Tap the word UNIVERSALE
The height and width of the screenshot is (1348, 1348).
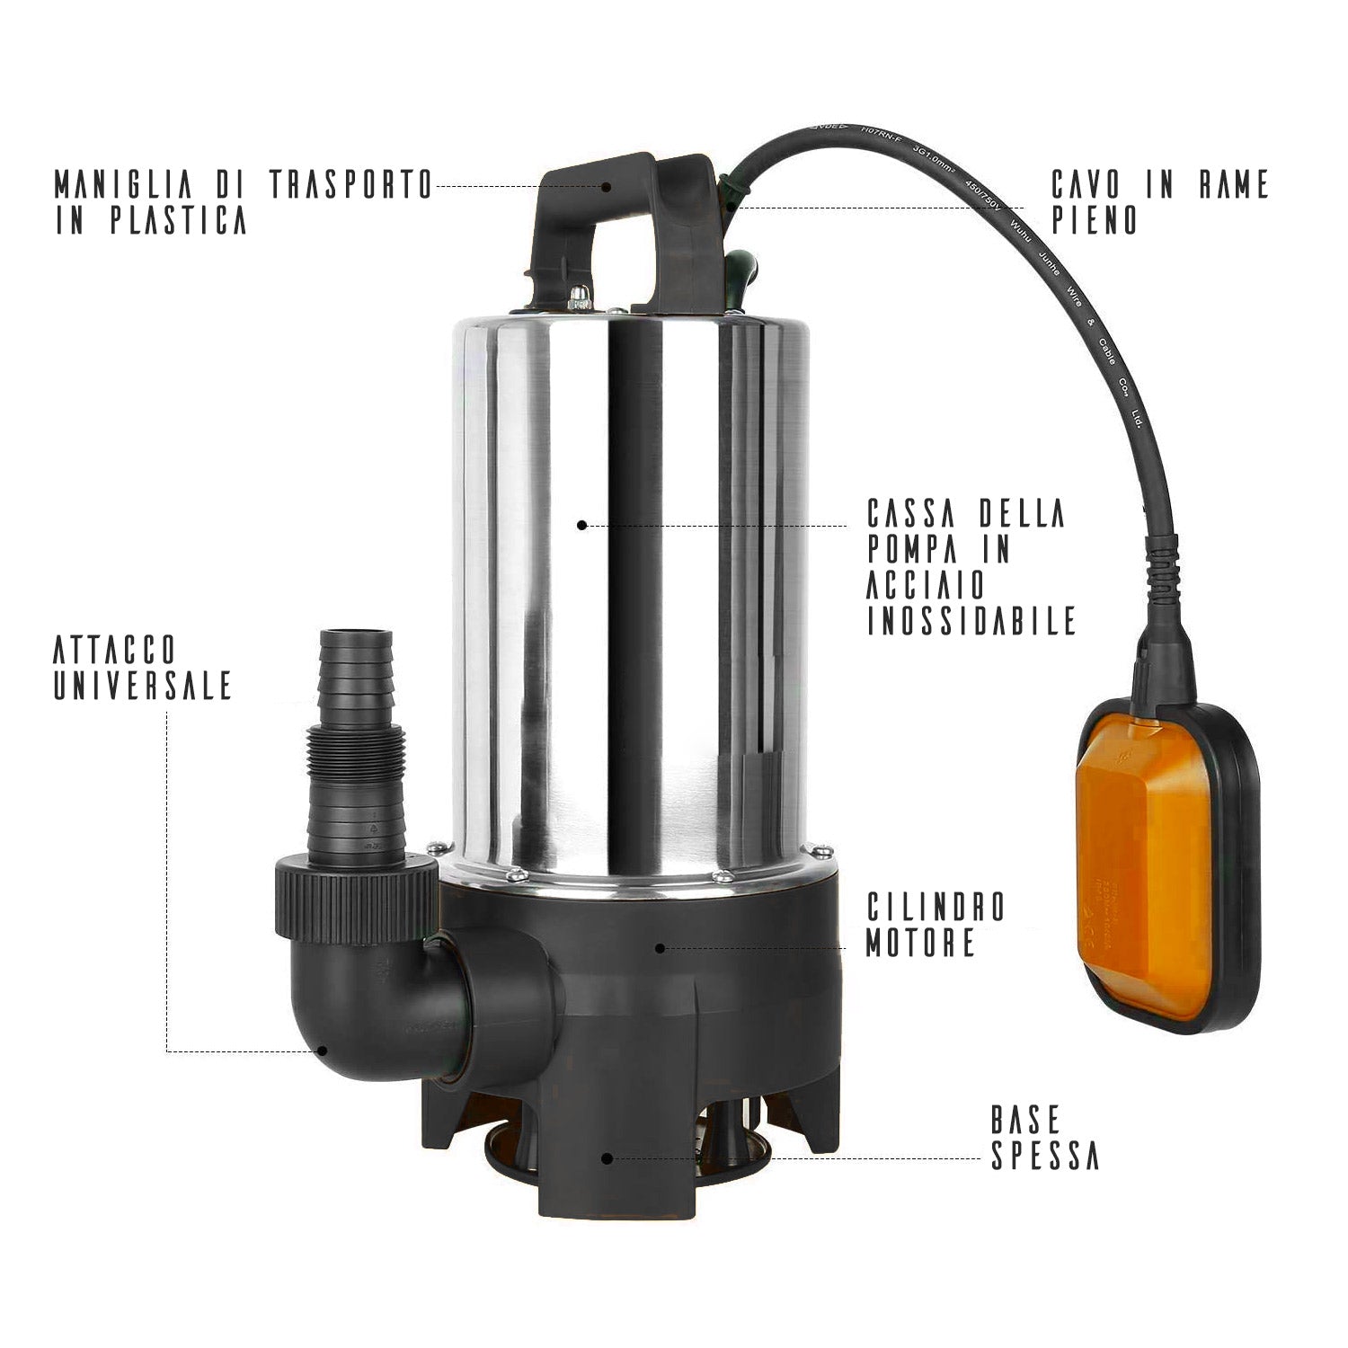143,686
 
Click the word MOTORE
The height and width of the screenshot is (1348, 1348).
920,943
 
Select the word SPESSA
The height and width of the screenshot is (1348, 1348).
1045,1157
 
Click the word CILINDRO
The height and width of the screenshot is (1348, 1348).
936,907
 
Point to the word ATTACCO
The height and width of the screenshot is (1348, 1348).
114,650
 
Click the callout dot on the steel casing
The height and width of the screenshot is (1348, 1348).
581,525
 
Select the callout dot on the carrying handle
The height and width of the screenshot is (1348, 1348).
607,187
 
